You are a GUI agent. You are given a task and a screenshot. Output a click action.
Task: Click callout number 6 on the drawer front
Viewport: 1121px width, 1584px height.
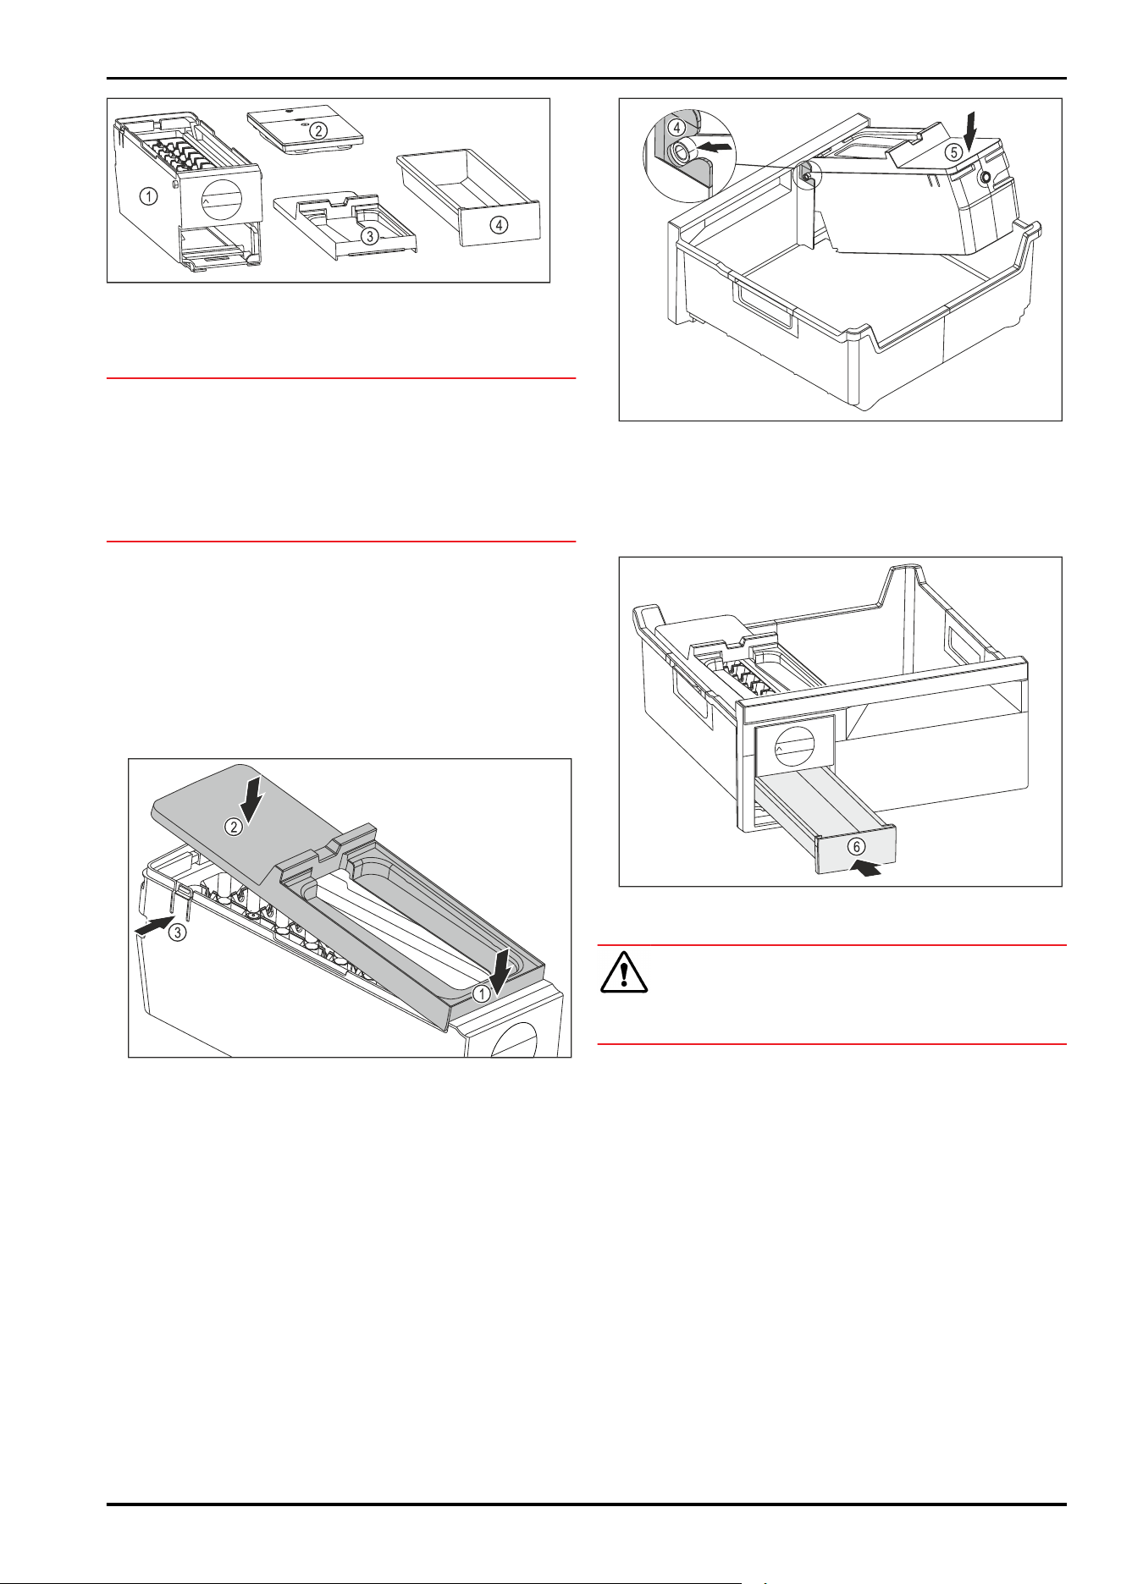tap(857, 846)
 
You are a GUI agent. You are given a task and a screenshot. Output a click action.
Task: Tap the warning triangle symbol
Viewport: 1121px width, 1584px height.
tap(624, 971)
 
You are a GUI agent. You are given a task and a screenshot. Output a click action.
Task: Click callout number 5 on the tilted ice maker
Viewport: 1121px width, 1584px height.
tap(953, 153)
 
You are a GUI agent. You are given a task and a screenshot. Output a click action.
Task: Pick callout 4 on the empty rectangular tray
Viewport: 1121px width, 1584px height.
tap(500, 225)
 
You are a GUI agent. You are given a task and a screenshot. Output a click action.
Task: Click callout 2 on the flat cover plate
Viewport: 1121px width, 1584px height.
tap(318, 130)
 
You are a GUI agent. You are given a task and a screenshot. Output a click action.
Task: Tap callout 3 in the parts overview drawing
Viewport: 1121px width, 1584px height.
tap(369, 236)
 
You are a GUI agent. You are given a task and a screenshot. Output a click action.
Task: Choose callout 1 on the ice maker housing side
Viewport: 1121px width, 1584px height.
tap(149, 197)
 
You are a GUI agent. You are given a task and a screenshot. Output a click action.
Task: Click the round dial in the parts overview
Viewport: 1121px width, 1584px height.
tap(223, 201)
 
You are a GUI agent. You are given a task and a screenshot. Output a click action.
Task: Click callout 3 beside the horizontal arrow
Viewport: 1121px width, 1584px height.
tap(176, 932)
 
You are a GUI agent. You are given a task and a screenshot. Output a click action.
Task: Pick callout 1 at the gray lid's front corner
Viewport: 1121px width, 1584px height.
tap(481, 993)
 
